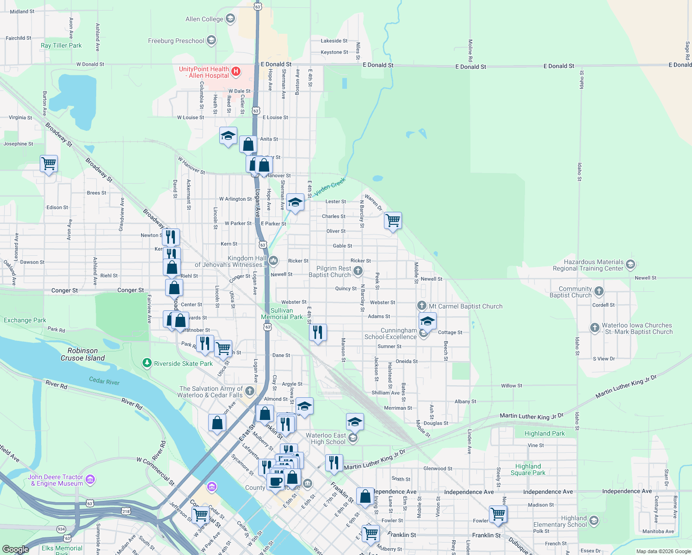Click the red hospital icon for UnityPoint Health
pyautogui.click(x=236, y=71)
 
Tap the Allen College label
pyautogui.click(x=204, y=19)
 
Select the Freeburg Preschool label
pyautogui.click(x=176, y=41)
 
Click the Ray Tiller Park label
pyautogui.click(x=61, y=45)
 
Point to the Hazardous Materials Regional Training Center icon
pyautogui.click(x=630, y=265)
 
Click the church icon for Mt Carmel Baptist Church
pyautogui.click(x=421, y=305)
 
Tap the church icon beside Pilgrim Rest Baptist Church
pyautogui.click(x=358, y=271)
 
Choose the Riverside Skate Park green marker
pyautogui.click(x=147, y=363)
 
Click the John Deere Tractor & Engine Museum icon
pyautogui.click(x=90, y=479)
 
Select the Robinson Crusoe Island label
pyautogui.click(x=83, y=354)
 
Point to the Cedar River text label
pyautogui.click(x=104, y=381)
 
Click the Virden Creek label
pyautogui.click(x=330, y=186)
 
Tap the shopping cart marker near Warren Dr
pyautogui.click(x=393, y=221)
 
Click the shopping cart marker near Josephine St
pyautogui.click(x=49, y=163)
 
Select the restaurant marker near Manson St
pyautogui.click(x=318, y=332)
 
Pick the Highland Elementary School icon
pyautogui.click(x=594, y=521)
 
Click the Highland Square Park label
pyautogui.click(x=528, y=469)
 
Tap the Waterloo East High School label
pyautogui.click(x=326, y=438)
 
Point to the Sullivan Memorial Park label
pyautogui.click(x=282, y=314)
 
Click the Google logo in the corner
pyautogui.click(x=16, y=549)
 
